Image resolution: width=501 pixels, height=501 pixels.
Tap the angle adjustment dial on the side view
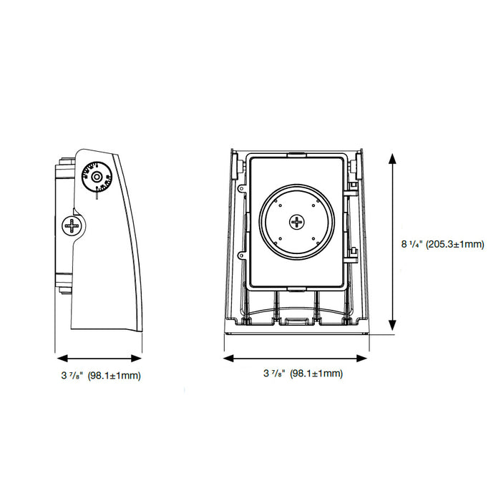(96, 177)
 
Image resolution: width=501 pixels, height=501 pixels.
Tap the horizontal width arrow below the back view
(296, 356)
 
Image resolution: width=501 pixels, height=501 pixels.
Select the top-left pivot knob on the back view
(235, 162)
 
